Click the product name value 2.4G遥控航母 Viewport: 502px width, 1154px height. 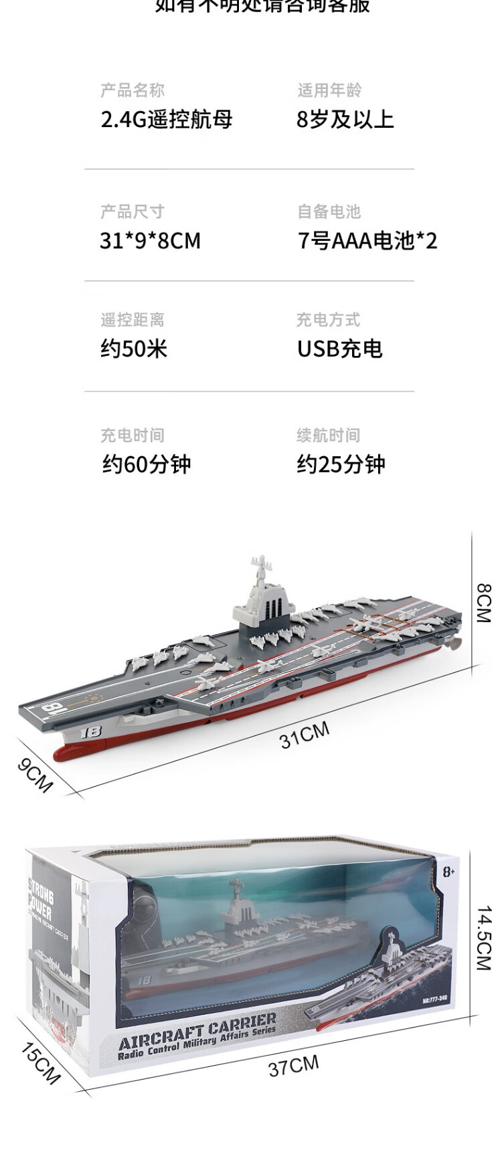click(167, 120)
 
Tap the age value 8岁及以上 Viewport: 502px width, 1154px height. click(345, 120)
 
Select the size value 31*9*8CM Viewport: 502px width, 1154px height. click(150, 241)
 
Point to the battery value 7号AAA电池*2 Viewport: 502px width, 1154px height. click(367, 241)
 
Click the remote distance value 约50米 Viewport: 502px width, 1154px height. click(134, 349)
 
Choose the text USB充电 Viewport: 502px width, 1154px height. click(339, 349)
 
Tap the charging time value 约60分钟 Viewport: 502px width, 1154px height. click(147, 464)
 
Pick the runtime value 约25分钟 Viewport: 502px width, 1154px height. click(341, 464)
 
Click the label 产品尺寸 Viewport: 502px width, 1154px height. click(132, 212)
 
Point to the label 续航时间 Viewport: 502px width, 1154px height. click(328, 436)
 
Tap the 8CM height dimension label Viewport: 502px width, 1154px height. click(483, 603)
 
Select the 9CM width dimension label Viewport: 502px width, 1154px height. click(35, 775)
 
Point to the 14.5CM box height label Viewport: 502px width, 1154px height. click(483, 938)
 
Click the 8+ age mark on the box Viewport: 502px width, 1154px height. click(448, 872)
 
